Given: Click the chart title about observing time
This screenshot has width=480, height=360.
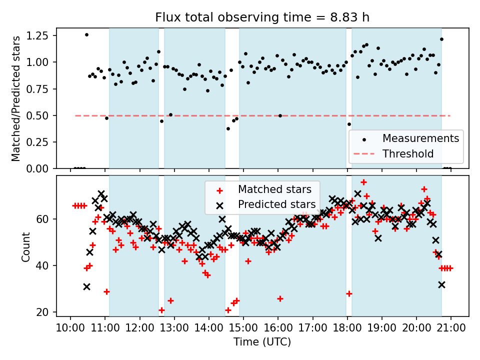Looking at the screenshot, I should (262, 17).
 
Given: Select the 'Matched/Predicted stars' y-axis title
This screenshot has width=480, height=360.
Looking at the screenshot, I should (16, 98).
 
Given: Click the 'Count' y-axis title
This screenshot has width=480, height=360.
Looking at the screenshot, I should (25, 246).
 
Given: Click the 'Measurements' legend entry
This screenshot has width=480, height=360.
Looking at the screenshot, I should (420, 138).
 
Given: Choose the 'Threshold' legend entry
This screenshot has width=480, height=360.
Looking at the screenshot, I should (408, 153).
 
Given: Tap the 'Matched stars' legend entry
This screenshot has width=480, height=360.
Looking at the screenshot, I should (274, 189).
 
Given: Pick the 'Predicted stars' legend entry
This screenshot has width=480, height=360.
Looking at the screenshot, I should (276, 204).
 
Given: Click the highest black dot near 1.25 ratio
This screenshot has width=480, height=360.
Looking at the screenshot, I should (86, 35).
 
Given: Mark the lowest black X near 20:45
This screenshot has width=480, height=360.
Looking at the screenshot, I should (441, 284).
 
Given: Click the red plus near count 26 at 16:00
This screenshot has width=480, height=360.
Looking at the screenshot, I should (280, 298).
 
